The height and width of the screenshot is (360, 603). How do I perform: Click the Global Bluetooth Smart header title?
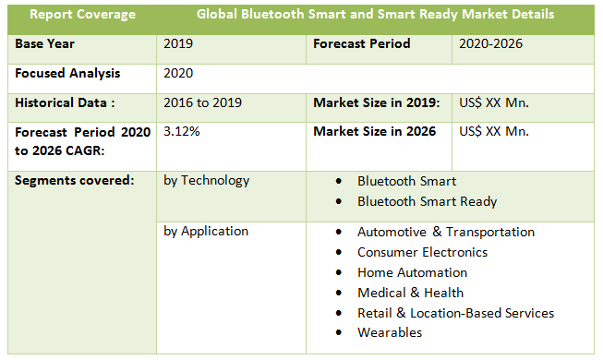pyautogui.click(x=375, y=15)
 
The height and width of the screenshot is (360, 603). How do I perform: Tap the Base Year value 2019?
pyautogui.click(x=178, y=43)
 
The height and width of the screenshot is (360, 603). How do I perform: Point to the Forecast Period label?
pyautogui.click(x=361, y=43)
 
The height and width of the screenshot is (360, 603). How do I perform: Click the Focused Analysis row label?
pyautogui.click(x=67, y=73)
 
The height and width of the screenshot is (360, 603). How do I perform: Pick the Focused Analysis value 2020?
pyautogui.click(x=178, y=73)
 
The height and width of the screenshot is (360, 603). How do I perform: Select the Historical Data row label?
pyautogui.click(x=63, y=103)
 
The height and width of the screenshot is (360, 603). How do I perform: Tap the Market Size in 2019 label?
pyautogui.click(x=376, y=103)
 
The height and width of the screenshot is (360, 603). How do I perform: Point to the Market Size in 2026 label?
pyautogui.click(x=374, y=132)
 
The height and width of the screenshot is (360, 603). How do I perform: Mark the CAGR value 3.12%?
pyautogui.click(x=181, y=132)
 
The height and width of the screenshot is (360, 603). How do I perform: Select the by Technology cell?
pyautogui.click(x=206, y=181)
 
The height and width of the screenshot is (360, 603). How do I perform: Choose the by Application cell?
pyautogui.click(x=206, y=232)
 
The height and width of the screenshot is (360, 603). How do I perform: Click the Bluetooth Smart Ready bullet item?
pyautogui.click(x=427, y=201)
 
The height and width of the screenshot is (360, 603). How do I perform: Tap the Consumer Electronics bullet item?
pyautogui.click(x=422, y=252)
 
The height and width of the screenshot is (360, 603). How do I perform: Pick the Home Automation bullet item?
pyautogui.click(x=412, y=272)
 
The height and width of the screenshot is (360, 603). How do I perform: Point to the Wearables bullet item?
pyautogui.click(x=389, y=332)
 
